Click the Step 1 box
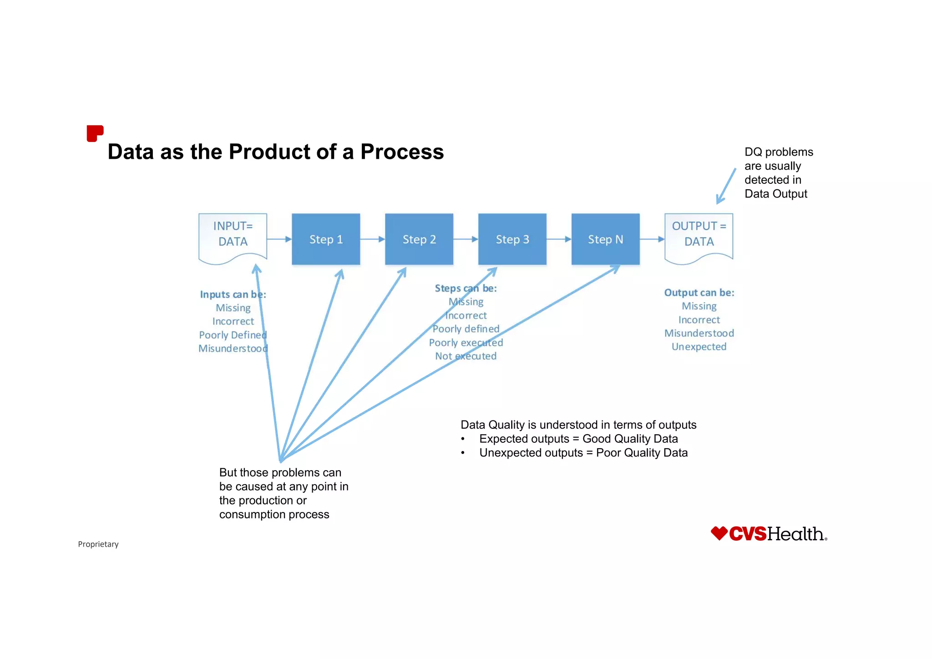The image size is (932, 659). tap(326, 239)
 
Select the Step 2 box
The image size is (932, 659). tap(419, 239)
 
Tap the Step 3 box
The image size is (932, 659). tap(512, 239)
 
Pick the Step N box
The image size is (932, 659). tap(606, 239)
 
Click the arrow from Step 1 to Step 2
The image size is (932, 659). tap(372, 239)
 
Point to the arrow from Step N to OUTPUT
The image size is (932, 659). tap(652, 239)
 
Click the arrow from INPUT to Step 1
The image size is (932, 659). tap(279, 239)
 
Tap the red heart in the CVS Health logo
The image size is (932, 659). tap(719, 533)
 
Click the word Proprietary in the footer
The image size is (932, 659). tap(98, 544)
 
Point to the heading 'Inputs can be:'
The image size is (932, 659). tap(233, 294)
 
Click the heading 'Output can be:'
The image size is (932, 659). tap(699, 293)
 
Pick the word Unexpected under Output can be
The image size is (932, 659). tap(699, 347)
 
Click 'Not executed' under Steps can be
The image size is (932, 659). tap(466, 356)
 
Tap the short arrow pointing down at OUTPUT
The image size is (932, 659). tap(726, 186)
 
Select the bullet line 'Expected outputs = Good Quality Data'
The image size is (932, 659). tap(578, 439)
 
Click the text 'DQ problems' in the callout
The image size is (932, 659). tap(779, 152)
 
